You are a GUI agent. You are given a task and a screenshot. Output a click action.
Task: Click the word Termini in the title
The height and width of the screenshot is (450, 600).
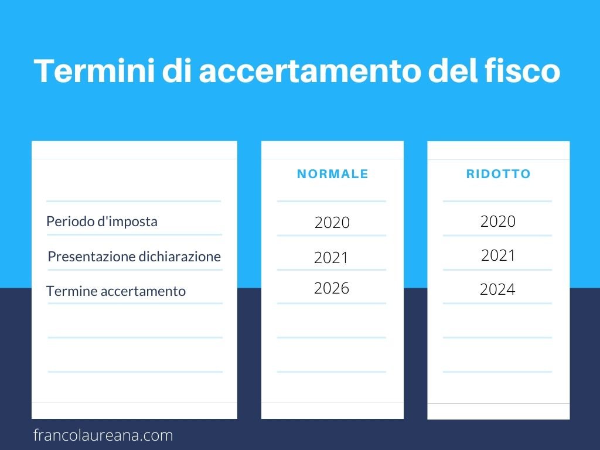94,70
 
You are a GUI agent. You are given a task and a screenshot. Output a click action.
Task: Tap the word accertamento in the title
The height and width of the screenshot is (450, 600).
309,71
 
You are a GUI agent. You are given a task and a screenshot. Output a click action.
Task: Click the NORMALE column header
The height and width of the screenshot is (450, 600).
333,174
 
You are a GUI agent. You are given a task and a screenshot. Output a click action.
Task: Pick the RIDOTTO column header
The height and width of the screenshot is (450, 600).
498,174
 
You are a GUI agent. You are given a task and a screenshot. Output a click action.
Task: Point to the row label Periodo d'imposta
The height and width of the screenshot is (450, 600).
102,221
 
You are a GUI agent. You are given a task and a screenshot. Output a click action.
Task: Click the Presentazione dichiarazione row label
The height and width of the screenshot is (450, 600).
134,257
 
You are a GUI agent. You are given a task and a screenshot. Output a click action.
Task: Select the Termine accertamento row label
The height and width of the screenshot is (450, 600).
116,291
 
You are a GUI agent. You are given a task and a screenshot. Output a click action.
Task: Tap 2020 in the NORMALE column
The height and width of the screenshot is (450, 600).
332,222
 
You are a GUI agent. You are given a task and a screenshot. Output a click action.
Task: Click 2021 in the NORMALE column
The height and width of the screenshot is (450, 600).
332,258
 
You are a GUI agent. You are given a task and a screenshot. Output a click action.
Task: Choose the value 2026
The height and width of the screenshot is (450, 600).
332,288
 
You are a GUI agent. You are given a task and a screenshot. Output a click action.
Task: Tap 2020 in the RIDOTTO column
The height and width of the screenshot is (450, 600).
498,221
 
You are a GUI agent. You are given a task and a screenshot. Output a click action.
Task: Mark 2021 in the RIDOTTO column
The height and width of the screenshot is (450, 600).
498,255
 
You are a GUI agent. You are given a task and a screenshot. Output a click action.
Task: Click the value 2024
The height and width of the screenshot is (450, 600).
497,289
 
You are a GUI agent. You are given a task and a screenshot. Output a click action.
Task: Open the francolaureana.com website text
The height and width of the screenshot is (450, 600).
103,435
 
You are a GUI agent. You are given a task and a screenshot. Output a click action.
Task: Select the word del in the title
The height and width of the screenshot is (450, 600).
452,70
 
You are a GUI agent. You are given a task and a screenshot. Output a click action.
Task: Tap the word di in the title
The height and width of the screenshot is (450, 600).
176,70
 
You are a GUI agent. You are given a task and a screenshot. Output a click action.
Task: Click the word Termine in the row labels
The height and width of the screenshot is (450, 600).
71,291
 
